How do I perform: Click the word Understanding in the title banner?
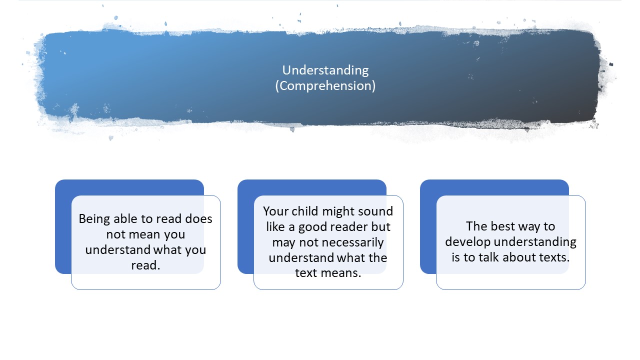325,70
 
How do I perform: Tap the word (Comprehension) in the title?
325,86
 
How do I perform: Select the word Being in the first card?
94,219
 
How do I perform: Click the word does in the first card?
198,219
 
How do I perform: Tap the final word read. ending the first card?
145,265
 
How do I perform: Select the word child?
305,211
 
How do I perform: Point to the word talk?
489,257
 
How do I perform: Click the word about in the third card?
519,257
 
